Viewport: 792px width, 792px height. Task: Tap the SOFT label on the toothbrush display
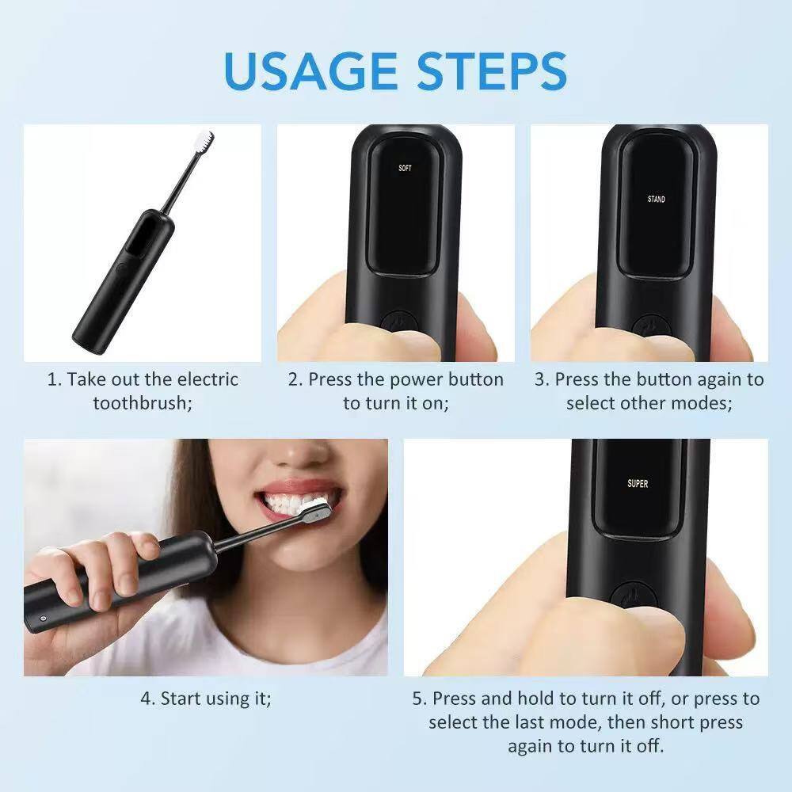[405, 168]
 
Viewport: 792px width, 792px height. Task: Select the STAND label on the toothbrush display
[656, 199]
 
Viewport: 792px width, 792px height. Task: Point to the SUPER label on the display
[638, 483]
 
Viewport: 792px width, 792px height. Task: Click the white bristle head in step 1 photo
[204, 143]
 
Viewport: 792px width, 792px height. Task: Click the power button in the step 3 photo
[648, 326]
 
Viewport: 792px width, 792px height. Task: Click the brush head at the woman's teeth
[315, 510]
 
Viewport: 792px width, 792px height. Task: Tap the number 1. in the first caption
[54, 379]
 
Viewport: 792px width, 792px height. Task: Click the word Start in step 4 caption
[181, 699]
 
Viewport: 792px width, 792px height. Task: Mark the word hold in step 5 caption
[538, 699]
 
